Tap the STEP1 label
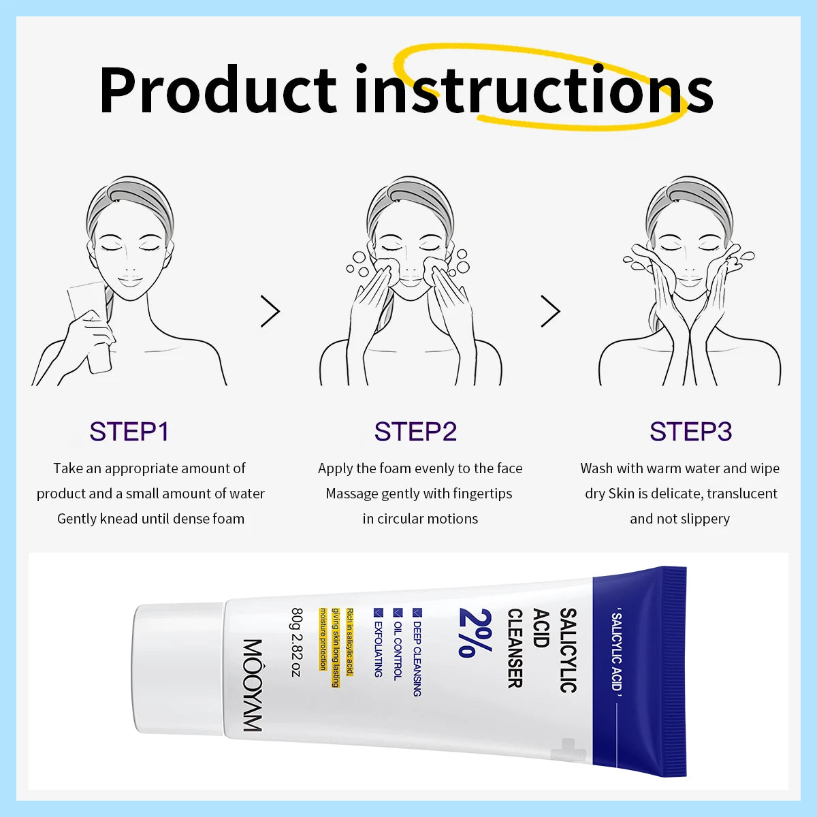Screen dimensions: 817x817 click(x=129, y=432)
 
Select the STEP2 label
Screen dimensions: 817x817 click(x=415, y=432)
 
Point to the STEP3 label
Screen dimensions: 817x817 click(x=690, y=432)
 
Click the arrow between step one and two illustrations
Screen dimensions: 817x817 click(x=270, y=312)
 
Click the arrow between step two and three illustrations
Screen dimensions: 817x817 click(x=550, y=312)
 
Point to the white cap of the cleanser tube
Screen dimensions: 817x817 click(x=178, y=671)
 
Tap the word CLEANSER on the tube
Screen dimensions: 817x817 click(x=515, y=647)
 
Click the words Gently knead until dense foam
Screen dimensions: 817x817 click(x=150, y=519)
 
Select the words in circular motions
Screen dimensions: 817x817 click(x=420, y=519)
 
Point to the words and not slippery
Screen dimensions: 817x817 click(x=679, y=519)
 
